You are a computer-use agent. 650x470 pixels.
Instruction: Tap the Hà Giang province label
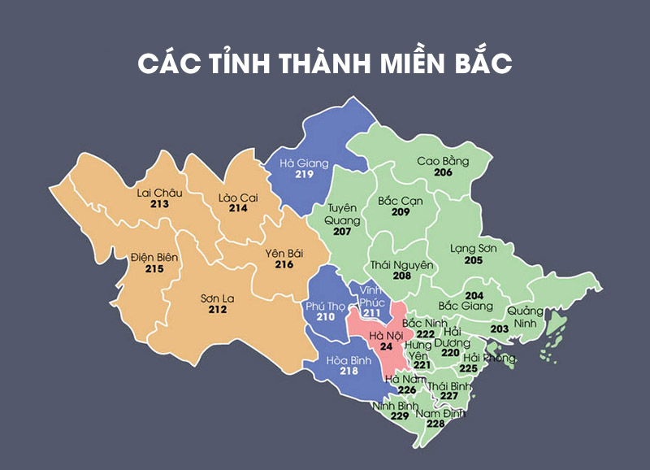[303, 163]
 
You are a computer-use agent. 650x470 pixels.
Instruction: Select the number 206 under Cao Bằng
[443, 172]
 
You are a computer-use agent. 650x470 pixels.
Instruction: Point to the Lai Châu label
[159, 193]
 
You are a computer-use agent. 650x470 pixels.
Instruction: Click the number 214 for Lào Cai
[238, 208]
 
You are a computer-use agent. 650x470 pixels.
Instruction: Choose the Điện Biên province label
[154, 257]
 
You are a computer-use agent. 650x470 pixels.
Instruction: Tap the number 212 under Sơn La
[217, 310]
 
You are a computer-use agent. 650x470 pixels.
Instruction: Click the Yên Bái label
[284, 253]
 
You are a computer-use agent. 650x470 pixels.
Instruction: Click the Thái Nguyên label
[402, 265]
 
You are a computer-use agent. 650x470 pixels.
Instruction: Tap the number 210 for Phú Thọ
[326, 316]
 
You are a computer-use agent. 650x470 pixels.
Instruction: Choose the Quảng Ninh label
[522, 317]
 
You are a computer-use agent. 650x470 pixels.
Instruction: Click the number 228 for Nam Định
[435, 424]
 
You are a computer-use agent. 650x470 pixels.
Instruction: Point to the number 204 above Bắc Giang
[474, 294]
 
